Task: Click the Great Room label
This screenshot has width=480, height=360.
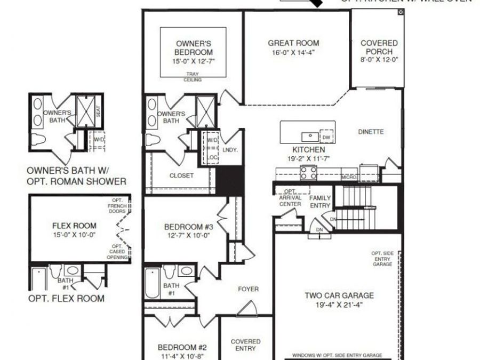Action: point(293,43)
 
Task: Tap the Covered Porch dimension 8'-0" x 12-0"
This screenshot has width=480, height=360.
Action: point(379,60)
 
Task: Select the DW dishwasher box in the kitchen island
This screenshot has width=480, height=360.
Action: point(326,138)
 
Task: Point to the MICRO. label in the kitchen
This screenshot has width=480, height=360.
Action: point(350,177)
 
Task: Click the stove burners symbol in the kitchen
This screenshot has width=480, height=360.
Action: point(308,172)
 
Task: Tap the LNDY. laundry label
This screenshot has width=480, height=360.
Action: point(230,150)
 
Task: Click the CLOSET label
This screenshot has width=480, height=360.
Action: point(181,175)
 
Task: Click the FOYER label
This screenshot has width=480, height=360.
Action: point(248,289)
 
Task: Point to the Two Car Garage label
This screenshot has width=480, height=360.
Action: point(339,295)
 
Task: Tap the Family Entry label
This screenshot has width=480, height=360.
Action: point(320,202)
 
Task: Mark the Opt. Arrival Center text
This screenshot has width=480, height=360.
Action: point(290,197)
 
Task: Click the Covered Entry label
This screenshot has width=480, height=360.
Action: point(245,345)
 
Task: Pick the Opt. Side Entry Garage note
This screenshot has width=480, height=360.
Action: point(382,259)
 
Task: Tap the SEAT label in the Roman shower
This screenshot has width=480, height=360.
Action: point(98,111)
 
